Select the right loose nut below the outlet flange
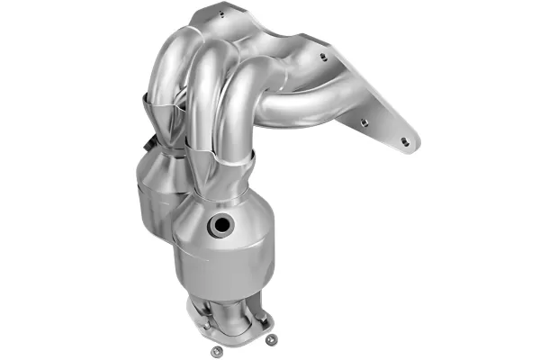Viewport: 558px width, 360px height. coord(269,338)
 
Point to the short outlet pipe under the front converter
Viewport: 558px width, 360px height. coord(232,297)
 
